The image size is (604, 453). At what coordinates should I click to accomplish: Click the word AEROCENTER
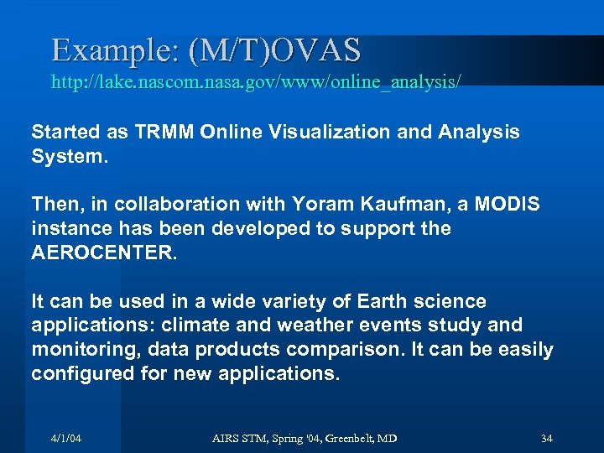tap(104, 253)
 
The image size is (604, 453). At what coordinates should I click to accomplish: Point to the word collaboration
tap(198, 204)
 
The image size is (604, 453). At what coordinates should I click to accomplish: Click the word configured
tap(81, 373)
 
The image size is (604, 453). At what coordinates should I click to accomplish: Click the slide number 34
tap(547, 439)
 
